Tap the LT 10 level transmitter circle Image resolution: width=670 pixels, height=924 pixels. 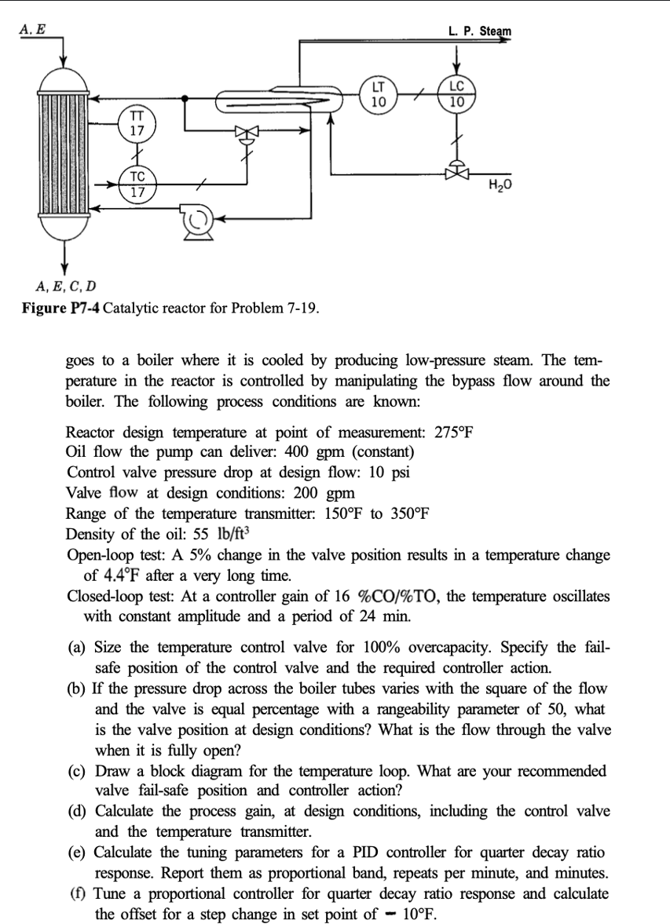pyautogui.click(x=379, y=95)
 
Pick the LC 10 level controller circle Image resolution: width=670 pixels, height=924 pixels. pyautogui.click(x=456, y=95)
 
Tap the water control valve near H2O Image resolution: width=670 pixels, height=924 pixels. pyautogui.click(x=456, y=170)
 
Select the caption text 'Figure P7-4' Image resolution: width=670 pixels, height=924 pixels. pyautogui.click(x=60, y=306)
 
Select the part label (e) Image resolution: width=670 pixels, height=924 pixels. pyautogui.click(x=77, y=853)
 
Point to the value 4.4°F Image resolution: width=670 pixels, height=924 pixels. pyautogui.click(x=143, y=575)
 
